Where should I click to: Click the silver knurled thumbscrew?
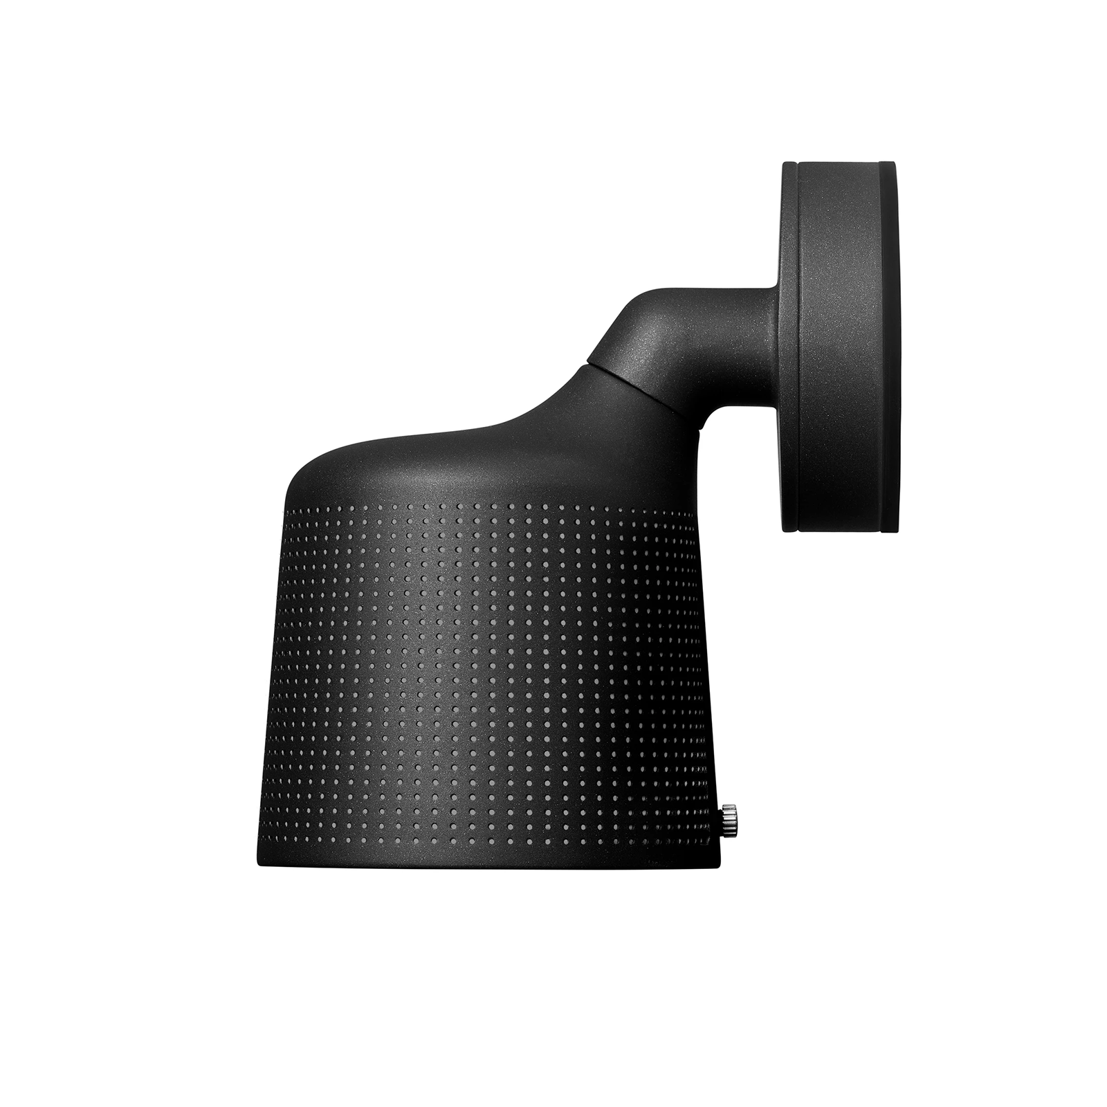[x=729, y=821]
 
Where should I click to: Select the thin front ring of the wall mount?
[x=790, y=346]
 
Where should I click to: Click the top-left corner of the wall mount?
[x=785, y=165]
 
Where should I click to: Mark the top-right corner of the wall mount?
[x=895, y=165]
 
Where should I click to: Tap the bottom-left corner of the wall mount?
[x=785, y=530]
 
